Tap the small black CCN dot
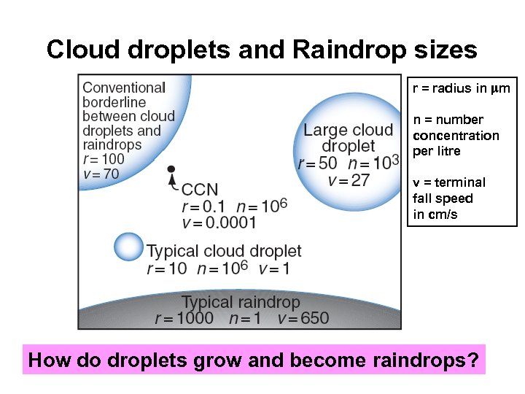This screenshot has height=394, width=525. click(x=171, y=169)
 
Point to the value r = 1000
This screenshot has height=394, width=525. click(x=184, y=318)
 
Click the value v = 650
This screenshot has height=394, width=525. click(x=303, y=318)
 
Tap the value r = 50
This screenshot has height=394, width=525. click(x=317, y=163)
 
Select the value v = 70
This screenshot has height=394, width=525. click(x=101, y=174)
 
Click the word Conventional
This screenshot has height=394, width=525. click(x=124, y=88)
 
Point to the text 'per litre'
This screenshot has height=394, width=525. click(x=437, y=151)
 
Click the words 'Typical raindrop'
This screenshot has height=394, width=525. click(x=240, y=302)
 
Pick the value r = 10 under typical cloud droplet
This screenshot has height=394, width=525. click(x=167, y=269)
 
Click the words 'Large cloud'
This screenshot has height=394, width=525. click(x=348, y=131)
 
